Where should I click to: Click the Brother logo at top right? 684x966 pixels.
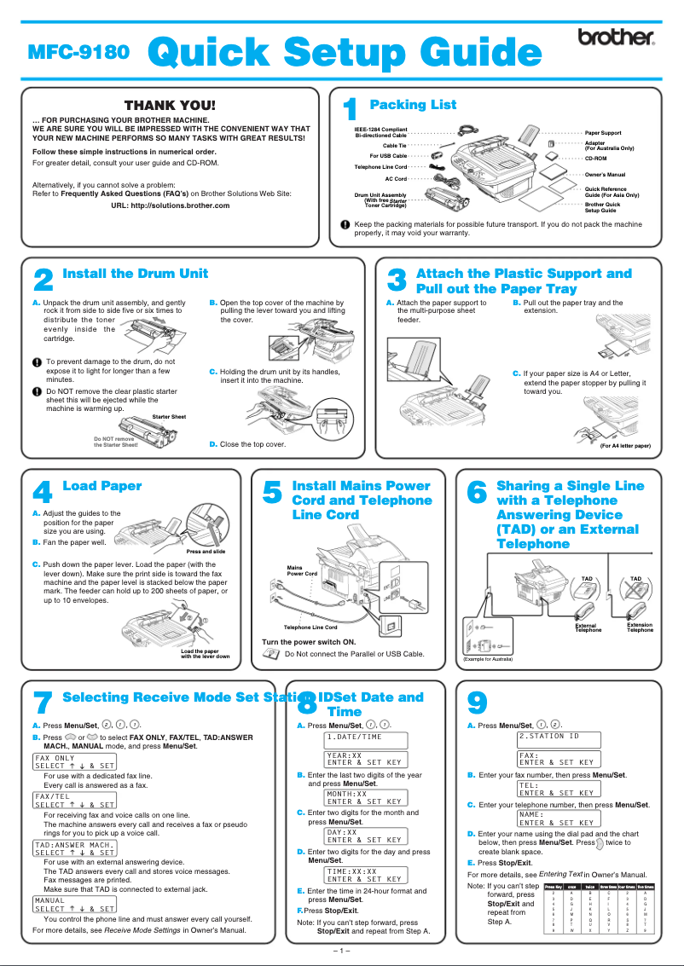[x=616, y=38]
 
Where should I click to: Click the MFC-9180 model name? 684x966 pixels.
[x=79, y=51]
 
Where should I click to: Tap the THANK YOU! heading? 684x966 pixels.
[x=171, y=105]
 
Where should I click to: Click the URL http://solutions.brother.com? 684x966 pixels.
[x=171, y=205]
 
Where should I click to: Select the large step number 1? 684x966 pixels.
[x=349, y=111]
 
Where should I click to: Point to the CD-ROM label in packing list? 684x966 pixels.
[x=595, y=159]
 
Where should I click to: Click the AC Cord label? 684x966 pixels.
[x=396, y=179]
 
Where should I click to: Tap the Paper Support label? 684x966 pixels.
[x=602, y=133]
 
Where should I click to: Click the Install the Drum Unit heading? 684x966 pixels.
[x=136, y=274]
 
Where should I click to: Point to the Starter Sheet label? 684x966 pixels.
[x=169, y=416]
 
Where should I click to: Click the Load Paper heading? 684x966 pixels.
[x=102, y=486]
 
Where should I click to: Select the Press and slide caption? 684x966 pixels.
[x=206, y=552]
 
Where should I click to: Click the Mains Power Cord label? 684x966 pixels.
[x=303, y=570]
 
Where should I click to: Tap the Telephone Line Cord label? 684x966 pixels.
[x=310, y=628]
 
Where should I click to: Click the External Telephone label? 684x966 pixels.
[x=588, y=628]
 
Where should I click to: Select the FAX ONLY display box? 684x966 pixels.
[x=74, y=761]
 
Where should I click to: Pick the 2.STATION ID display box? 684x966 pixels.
[x=559, y=736]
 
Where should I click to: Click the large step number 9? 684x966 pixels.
[x=478, y=703]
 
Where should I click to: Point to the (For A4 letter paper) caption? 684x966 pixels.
[x=625, y=446]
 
